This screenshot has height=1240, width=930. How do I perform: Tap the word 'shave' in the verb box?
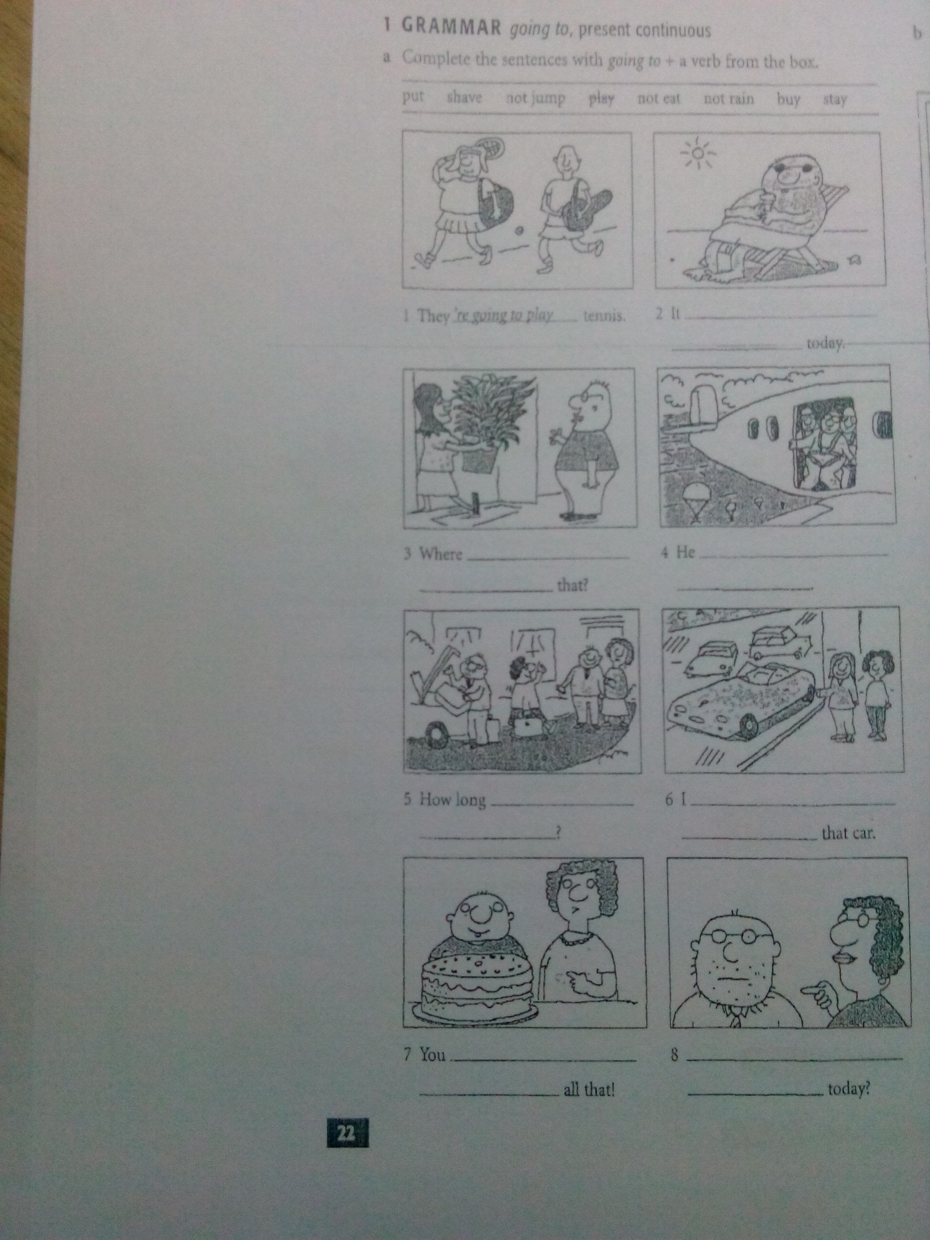(464, 97)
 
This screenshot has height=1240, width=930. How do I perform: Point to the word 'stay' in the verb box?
(835, 100)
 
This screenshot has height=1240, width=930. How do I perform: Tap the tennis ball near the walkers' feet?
(519, 231)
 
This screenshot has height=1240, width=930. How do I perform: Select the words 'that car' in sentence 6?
(848, 834)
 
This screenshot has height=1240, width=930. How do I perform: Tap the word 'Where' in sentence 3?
(441, 555)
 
